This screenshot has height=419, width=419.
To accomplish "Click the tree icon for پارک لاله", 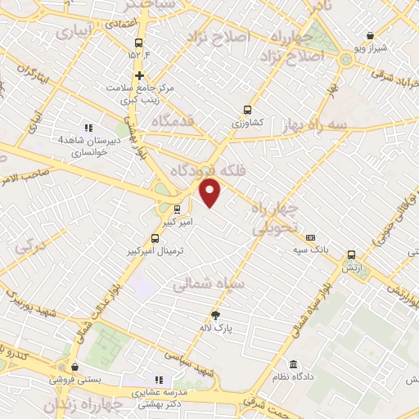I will point(216,315).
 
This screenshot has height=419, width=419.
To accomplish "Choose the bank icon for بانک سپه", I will point(310,237).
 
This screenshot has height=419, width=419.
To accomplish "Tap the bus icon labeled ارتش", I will point(351,255).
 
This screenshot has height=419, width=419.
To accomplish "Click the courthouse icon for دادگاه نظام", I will point(294,363).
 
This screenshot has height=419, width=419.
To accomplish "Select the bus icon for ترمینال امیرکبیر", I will point(155,239).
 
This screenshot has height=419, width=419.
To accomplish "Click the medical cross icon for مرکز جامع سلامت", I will point(140,75).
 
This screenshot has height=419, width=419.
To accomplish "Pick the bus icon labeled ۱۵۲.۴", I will point(137,43).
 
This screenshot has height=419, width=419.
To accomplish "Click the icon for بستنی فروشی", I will point(75,367).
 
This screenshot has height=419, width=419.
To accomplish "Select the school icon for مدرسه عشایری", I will point(159,380).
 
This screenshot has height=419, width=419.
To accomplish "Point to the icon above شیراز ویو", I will point(371,36).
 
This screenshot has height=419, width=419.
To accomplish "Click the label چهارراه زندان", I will point(83,404).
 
